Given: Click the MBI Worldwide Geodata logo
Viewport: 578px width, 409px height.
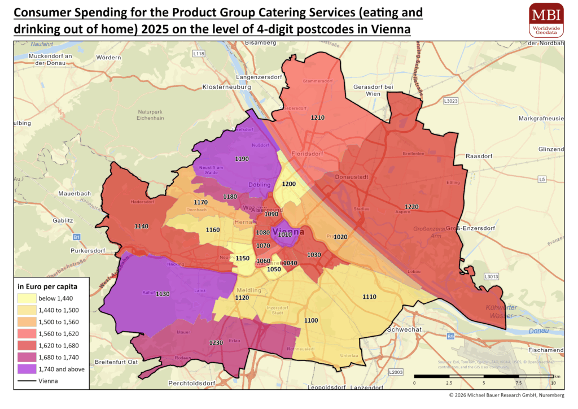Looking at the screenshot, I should tap(546, 20).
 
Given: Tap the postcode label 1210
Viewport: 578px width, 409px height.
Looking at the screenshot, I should tap(318, 118).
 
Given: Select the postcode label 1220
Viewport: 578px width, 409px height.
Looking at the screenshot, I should tap(411, 207).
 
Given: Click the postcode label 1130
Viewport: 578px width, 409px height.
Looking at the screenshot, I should tap(163, 294).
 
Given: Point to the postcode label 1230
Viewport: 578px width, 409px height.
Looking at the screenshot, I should tap(216, 342).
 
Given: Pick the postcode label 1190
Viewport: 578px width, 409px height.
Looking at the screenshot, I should tap(242, 159).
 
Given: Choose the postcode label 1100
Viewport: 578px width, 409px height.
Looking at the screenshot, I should tap(311, 320).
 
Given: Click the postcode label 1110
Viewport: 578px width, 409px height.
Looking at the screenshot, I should tap(369, 297).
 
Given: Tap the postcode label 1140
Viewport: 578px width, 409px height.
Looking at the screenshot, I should tap(142, 226).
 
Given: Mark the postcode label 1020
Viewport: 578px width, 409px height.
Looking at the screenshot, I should tap(340, 237).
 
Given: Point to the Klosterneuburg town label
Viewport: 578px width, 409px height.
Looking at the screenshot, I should tap(225, 88).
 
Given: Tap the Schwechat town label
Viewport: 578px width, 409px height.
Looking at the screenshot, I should tap(405, 329).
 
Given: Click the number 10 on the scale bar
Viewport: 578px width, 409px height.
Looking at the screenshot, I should tap(553, 383).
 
